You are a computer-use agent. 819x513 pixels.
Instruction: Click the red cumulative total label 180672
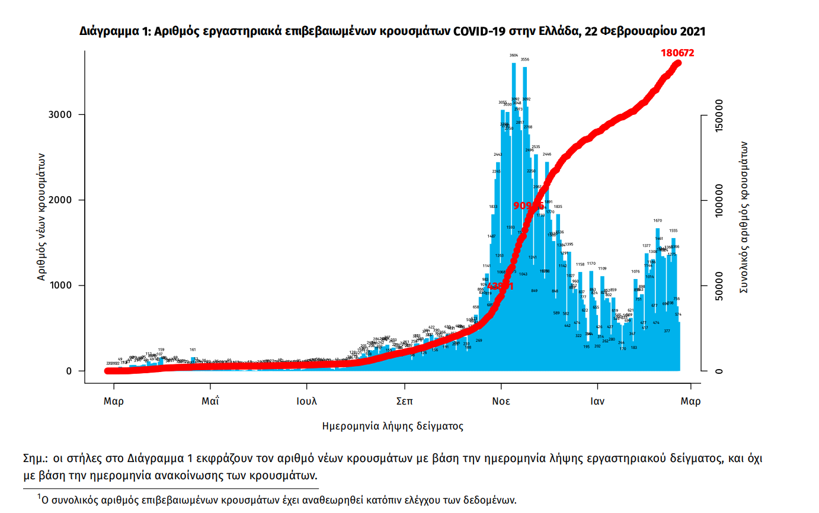[x=677, y=53]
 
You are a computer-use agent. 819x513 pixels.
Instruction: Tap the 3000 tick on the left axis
[x=62, y=115]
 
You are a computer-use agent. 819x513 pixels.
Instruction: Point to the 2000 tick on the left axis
[x=62, y=200]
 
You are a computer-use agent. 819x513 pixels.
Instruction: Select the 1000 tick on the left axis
[x=62, y=286]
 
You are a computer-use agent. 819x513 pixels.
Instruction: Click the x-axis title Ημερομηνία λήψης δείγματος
[x=393, y=426]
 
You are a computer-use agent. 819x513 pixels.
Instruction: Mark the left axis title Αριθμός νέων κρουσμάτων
[x=41, y=214]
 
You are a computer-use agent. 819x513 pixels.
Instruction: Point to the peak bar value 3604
[x=514, y=55]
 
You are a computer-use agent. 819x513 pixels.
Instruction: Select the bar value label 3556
[x=524, y=60]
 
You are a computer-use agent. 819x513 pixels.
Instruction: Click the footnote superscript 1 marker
[x=39, y=496]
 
